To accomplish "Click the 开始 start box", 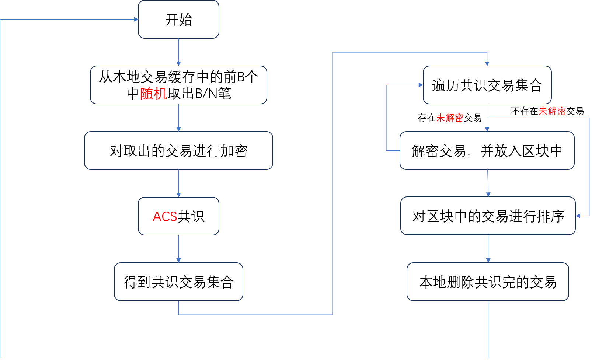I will (x=178, y=20).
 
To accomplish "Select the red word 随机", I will (x=153, y=94).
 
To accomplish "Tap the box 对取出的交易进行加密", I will (x=178, y=151).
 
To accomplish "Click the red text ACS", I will (x=165, y=216).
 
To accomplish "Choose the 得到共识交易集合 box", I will (x=178, y=282).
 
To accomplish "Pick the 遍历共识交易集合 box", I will (x=487, y=85).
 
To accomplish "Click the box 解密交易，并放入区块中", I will (x=487, y=151).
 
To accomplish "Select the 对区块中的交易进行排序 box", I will (x=488, y=216).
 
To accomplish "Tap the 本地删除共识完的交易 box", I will (x=488, y=282).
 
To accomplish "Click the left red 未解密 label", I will (x=450, y=118).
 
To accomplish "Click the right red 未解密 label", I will (x=552, y=111).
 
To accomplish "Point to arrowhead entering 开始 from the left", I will (x=136, y=20).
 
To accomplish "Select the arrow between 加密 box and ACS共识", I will (x=178, y=184).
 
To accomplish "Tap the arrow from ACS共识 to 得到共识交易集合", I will (x=178, y=249).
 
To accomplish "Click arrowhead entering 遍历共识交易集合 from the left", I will (x=421, y=85).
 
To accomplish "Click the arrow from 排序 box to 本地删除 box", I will (x=488, y=249).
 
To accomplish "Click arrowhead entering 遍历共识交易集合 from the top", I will (x=487, y=64).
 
